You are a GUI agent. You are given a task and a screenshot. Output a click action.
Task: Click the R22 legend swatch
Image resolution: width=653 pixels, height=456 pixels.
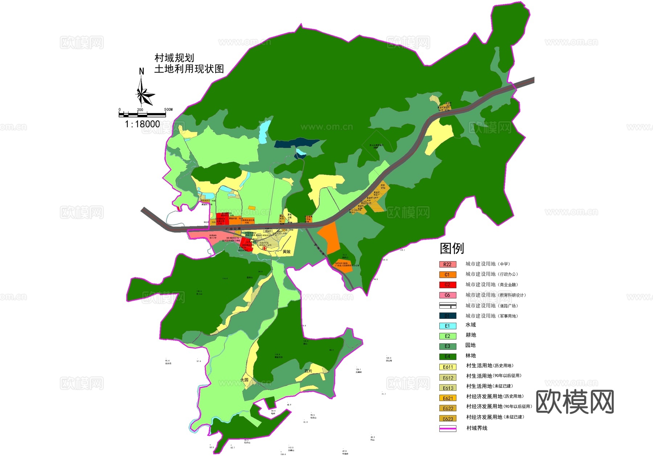click(447, 264)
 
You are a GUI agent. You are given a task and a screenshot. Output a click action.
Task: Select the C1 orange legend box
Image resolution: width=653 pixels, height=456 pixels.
click(447, 275)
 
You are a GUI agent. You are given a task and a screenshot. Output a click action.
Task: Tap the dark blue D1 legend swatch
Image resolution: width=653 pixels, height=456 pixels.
click(447, 316)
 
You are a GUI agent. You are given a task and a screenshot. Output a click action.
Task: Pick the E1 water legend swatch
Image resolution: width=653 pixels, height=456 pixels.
click(447, 326)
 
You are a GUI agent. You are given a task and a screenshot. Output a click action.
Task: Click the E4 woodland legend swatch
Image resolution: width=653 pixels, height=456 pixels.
click(447, 356)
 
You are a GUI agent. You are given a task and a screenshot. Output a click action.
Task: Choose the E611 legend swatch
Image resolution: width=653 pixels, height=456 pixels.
click(447, 367)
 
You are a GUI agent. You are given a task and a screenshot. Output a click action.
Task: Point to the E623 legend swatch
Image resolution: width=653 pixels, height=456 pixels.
click(447, 419)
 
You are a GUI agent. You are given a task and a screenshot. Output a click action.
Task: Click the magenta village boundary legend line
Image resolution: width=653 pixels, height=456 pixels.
click(447, 428)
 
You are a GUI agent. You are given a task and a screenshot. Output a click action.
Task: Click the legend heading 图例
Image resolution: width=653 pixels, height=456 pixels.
click(452, 248)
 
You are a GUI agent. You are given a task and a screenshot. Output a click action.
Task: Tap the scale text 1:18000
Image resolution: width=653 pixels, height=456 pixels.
click(142, 124)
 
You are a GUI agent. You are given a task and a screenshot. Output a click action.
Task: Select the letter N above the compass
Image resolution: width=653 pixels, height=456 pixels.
click(141, 71)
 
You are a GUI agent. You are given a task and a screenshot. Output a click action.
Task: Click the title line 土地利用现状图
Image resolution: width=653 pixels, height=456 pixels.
click(189, 69)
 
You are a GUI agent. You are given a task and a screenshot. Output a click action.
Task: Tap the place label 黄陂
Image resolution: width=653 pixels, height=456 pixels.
click(287, 252)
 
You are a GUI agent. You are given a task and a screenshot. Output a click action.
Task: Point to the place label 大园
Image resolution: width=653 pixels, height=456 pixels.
click(244, 380)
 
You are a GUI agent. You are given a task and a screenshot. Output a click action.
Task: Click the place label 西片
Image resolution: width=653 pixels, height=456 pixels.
click(308, 371)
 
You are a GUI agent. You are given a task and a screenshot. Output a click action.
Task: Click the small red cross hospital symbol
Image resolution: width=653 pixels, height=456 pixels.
click(264, 248)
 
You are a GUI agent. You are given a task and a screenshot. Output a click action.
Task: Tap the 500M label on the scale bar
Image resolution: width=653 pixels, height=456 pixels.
click(168, 109)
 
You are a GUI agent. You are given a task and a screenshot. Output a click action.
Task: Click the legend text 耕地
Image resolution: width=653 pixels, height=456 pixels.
click(471, 335)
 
